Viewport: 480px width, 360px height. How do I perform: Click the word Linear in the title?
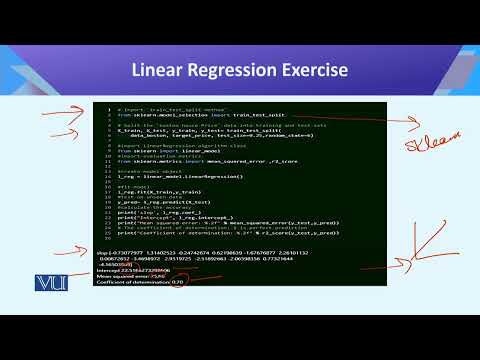pyautogui.click(x=163, y=70)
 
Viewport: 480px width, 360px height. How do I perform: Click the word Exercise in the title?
pyautogui.click(x=316, y=70)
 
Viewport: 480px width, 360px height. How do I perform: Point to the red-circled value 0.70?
pyautogui.click(x=177, y=283)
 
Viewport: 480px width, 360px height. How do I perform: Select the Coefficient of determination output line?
pyautogui.click(x=144, y=283)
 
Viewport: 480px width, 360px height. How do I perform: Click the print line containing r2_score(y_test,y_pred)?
pyautogui.click(x=210, y=232)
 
